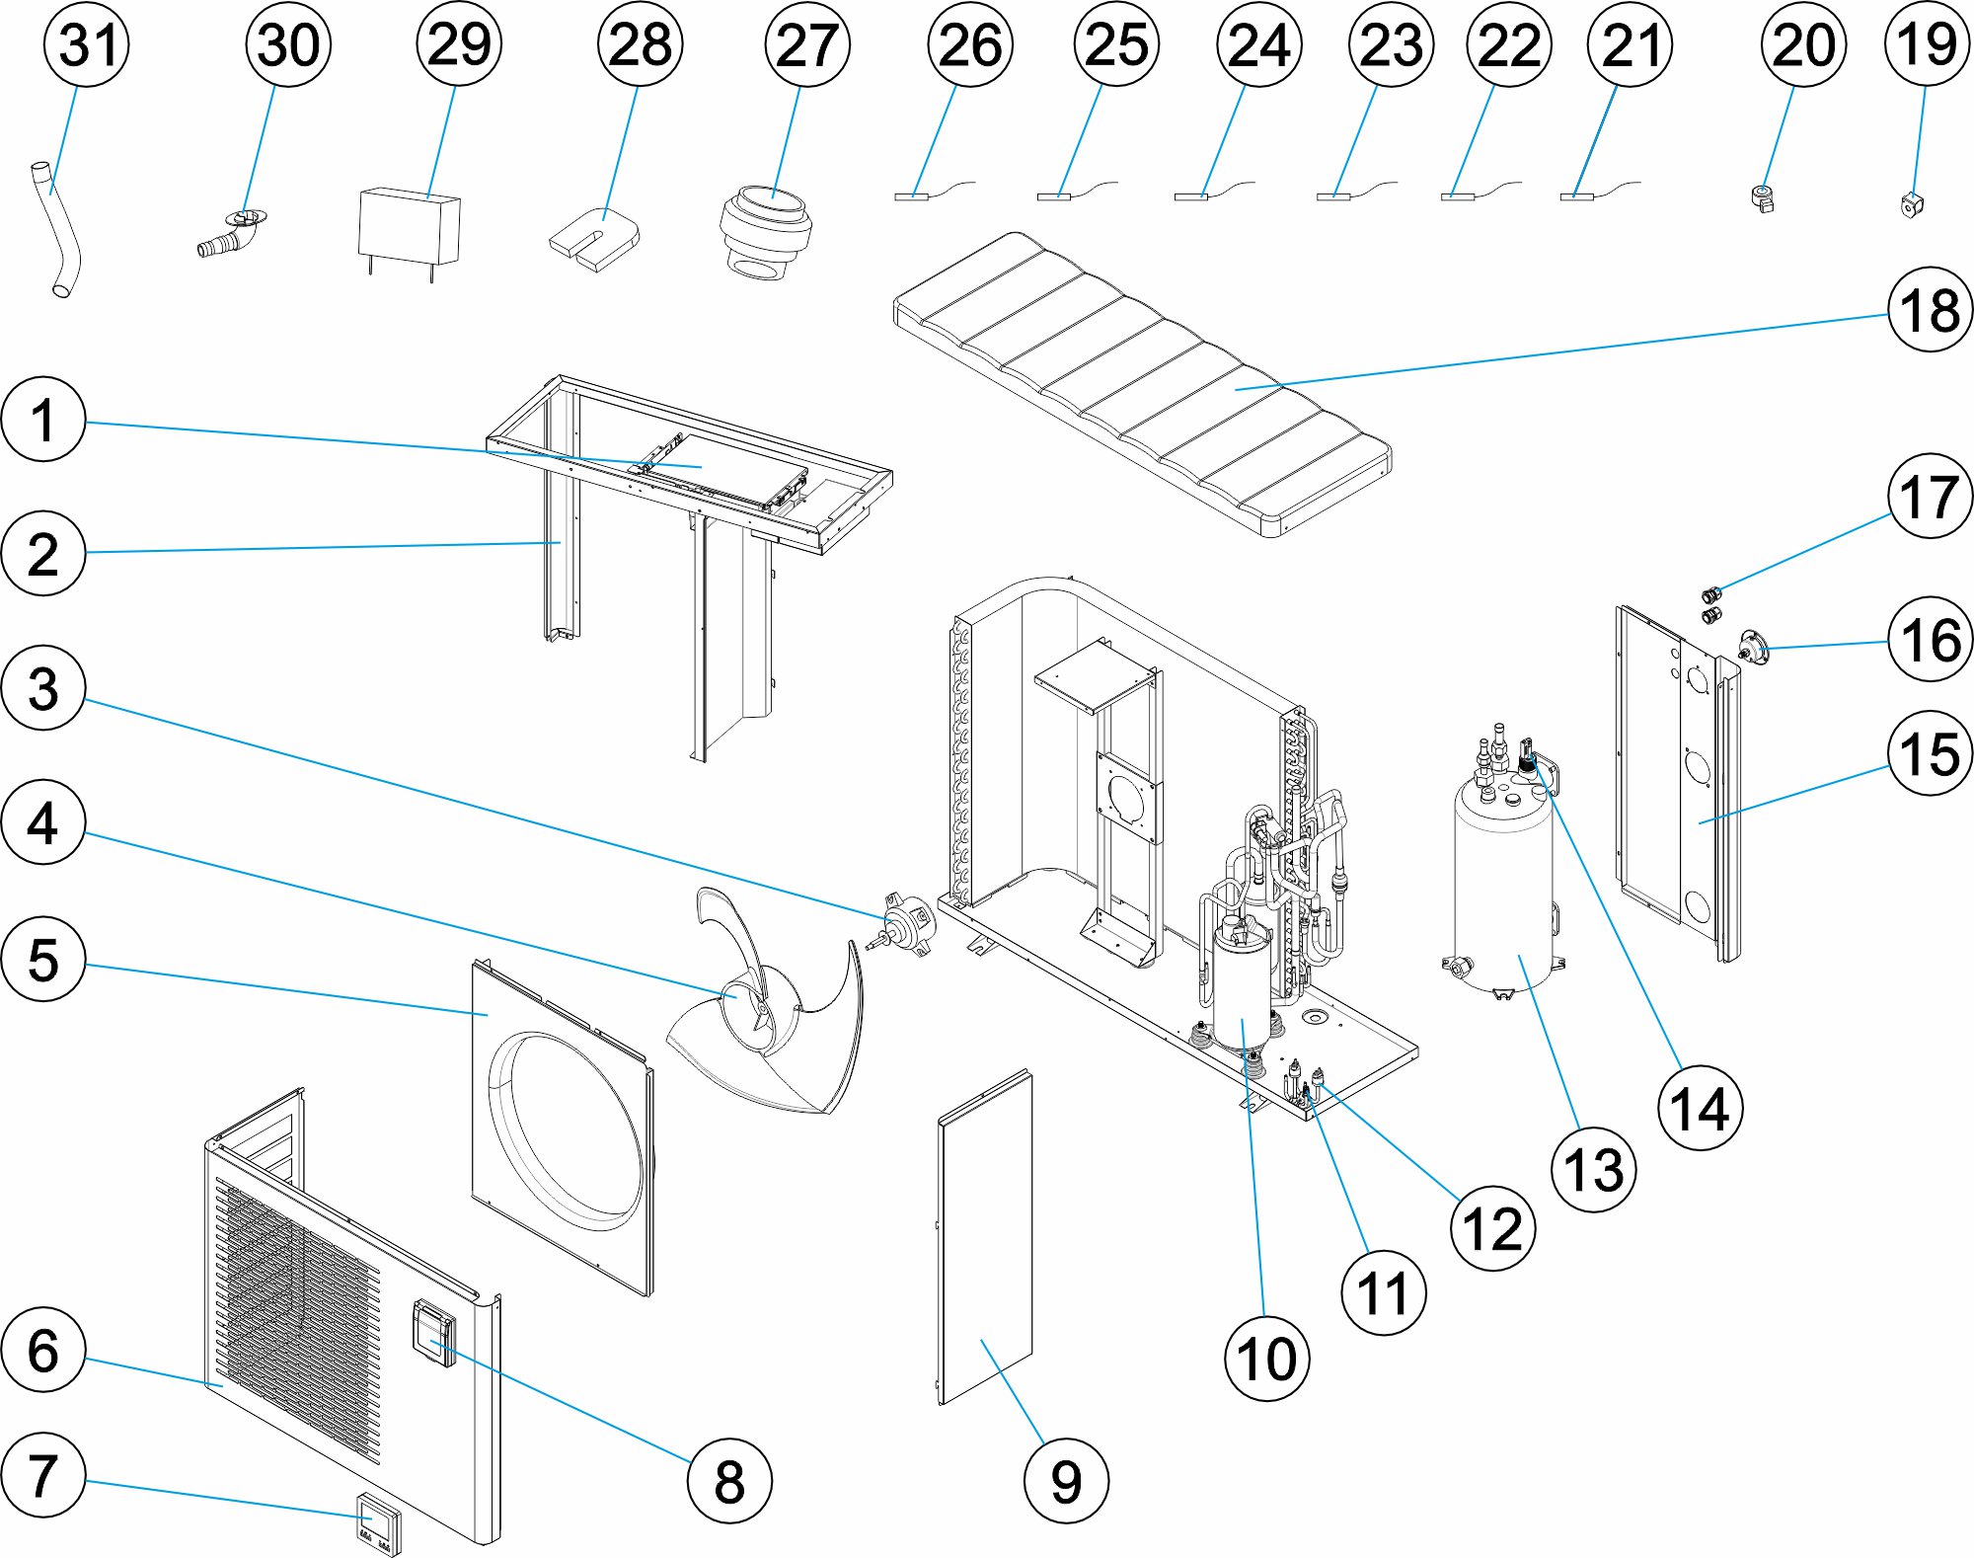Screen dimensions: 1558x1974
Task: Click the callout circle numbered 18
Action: (x=1930, y=310)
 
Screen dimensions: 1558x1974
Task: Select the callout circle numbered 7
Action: (x=42, y=1475)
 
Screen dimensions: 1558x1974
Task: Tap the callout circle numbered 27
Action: (x=806, y=44)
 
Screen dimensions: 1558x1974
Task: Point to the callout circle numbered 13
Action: (x=1593, y=1169)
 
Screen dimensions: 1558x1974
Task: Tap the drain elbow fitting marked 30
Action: (x=233, y=234)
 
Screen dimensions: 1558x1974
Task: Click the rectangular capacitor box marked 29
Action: (x=409, y=227)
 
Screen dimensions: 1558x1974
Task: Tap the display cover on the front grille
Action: (x=435, y=1332)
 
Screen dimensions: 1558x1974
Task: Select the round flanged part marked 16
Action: (x=1753, y=648)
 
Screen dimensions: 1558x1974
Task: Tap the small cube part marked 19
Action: (x=1912, y=204)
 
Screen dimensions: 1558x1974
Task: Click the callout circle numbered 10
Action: (x=1266, y=1359)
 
